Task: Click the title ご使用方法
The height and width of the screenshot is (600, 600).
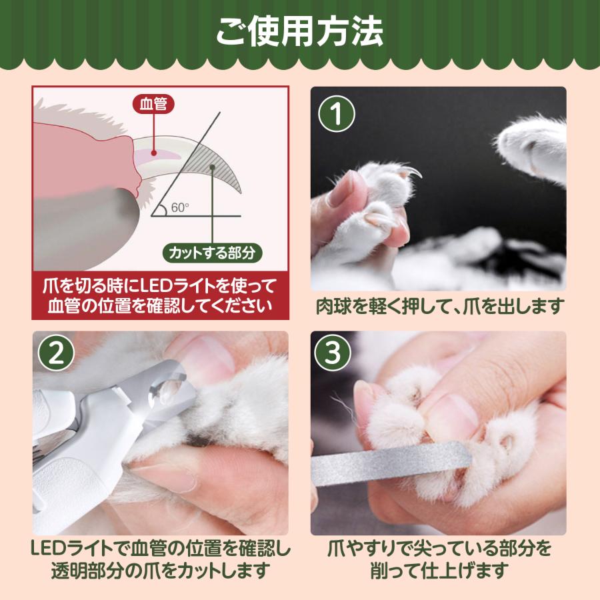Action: point(299,32)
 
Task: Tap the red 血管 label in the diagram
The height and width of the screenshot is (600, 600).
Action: point(155,103)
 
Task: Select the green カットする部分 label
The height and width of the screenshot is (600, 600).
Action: point(213,253)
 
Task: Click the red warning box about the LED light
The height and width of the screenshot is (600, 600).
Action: point(160,295)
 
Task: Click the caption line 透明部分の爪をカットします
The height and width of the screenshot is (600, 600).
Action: point(160,571)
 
